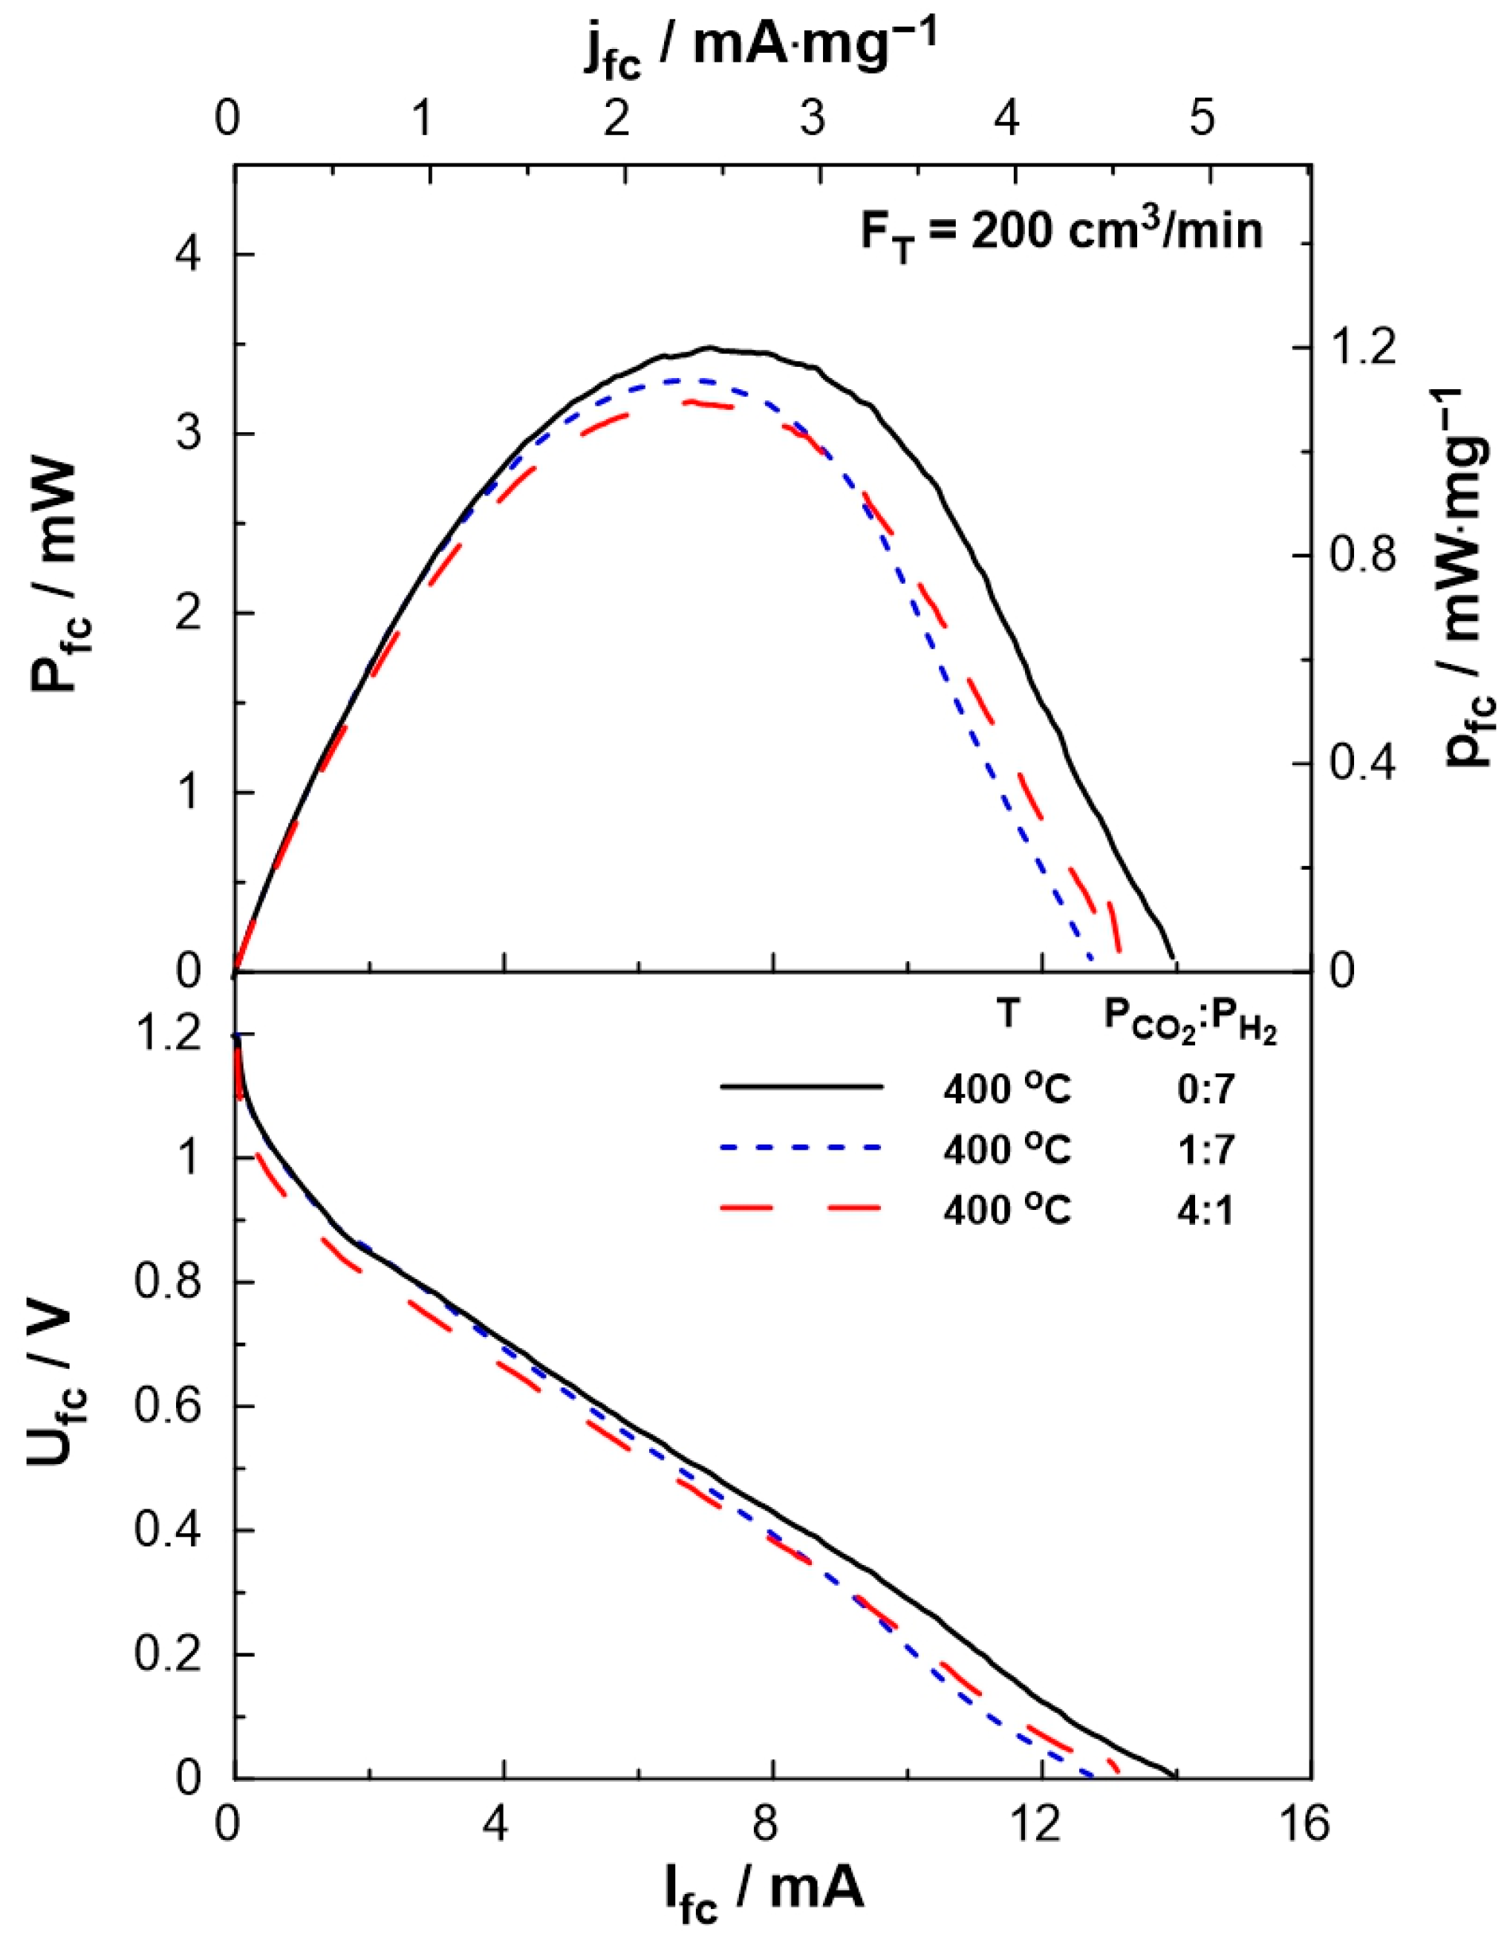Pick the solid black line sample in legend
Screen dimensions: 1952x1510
point(801,1087)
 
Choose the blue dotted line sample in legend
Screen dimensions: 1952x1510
point(801,1148)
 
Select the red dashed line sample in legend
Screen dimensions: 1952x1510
point(801,1209)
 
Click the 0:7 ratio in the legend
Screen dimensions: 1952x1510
point(1205,1090)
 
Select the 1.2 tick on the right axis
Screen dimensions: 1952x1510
point(1360,348)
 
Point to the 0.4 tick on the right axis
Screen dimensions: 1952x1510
point(1360,764)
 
